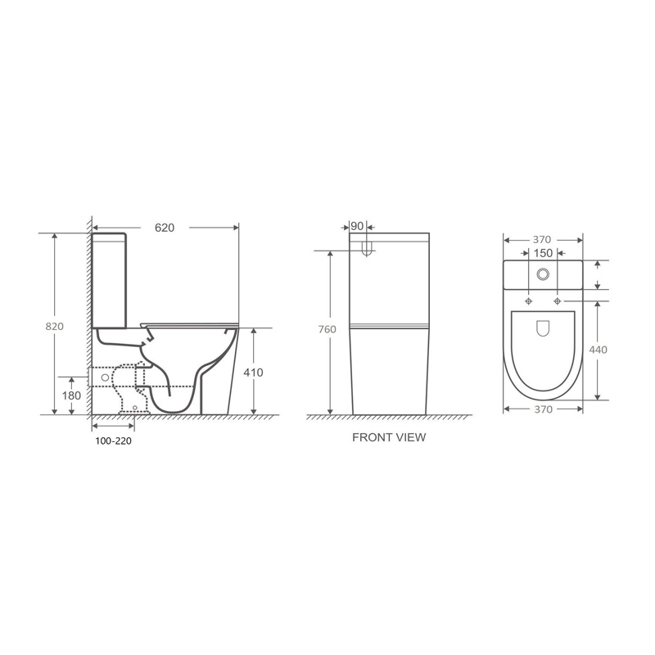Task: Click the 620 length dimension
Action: [x=165, y=228]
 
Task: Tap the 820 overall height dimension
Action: [x=55, y=326]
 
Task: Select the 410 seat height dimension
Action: [x=253, y=373]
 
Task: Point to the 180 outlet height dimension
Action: [x=71, y=395]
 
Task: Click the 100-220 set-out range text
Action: [x=113, y=440]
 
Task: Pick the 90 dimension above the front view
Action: [x=357, y=227]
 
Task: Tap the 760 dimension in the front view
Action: [x=327, y=329]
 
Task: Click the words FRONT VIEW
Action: [x=389, y=437]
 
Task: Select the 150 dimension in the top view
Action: [x=543, y=253]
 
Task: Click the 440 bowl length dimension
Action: [x=598, y=350]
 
